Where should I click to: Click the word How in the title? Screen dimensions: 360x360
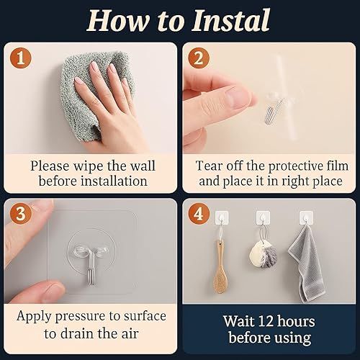[x=117, y=20]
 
